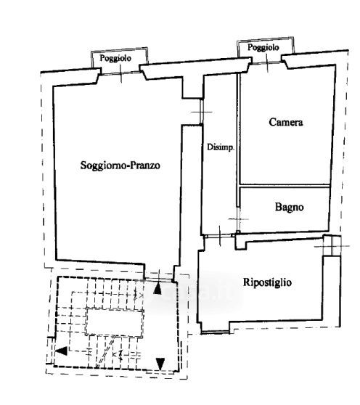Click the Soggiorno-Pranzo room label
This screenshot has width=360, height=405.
click(120, 165)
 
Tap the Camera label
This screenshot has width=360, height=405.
click(286, 122)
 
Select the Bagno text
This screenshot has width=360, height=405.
click(289, 207)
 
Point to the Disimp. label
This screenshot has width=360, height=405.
click(221, 147)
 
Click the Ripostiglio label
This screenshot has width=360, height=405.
click(267, 282)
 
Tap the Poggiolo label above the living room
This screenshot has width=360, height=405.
click(115, 58)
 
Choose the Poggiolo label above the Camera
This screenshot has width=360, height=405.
click(263, 47)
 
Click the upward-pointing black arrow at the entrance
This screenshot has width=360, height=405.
click(157, 289)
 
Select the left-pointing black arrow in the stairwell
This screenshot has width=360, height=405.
click(62, 351)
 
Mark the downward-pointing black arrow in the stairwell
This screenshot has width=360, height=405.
click(160, 364)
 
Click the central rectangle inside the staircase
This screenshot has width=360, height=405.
click(115, 323)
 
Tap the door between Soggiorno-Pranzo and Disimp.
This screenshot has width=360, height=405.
click(202, 112)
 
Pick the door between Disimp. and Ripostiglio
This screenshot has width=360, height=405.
click(220, 236)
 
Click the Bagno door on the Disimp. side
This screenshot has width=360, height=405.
click(238, 219)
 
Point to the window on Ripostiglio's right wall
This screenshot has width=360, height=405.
click(332, 245)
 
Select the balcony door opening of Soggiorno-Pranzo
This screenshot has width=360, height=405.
click(121, 73)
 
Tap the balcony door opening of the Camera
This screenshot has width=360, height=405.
click(267, 62)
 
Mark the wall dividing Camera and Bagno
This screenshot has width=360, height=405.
click(285, 186)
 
